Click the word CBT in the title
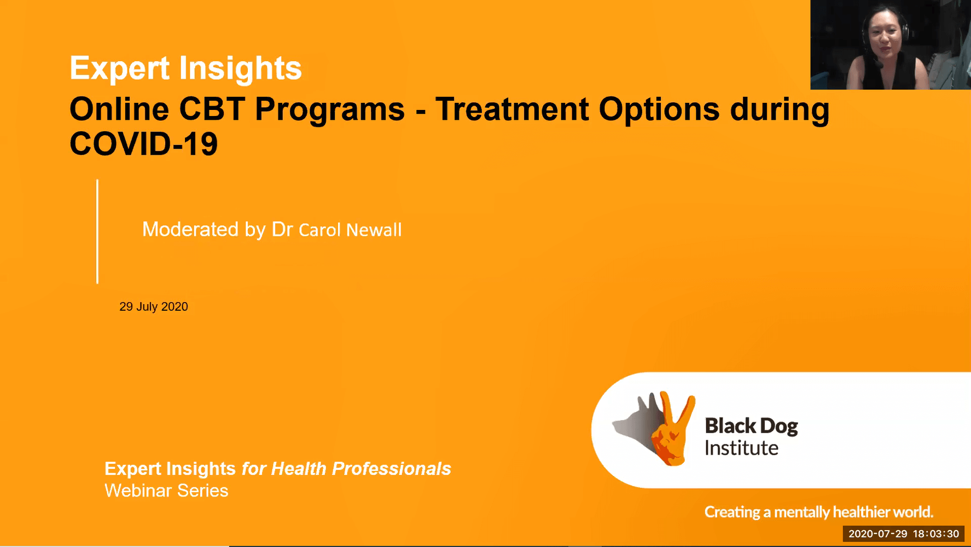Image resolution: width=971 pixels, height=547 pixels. tap(211, 109)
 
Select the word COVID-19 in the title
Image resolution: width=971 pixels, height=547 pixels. tap(143, 144)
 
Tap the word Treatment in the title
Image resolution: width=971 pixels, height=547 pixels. tap(511, 109)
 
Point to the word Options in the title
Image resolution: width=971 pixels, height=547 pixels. tap(659, 109)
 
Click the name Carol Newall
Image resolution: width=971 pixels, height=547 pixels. tap(350, 230)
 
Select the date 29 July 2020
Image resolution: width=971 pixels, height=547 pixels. tap(154, 307)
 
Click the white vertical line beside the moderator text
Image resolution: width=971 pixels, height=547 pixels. tap(97, 231)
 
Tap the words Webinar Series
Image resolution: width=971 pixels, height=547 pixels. tap(166, 491)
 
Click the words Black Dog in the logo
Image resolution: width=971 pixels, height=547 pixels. tap(751, 426)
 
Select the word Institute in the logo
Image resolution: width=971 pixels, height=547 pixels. tap(741, 449)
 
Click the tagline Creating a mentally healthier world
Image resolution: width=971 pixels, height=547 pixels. tap(818, 512)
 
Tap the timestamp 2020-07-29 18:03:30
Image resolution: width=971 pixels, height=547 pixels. tap(904, 534)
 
